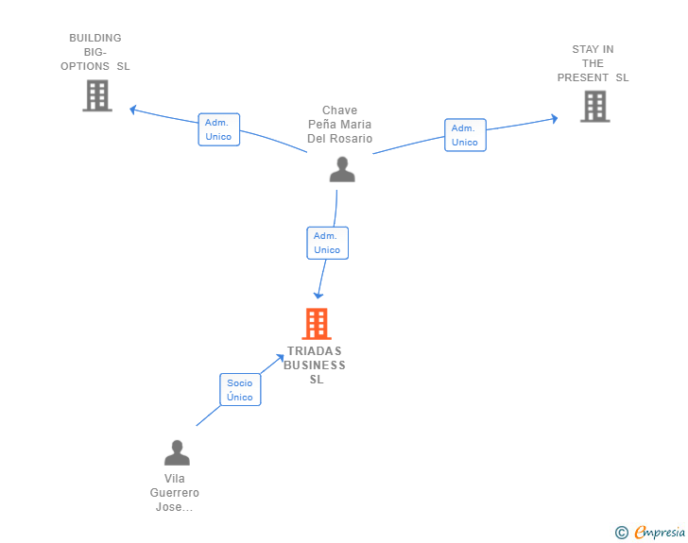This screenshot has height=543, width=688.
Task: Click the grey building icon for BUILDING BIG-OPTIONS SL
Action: point(97,95)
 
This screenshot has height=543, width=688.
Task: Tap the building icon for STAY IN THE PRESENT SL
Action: point(594,107)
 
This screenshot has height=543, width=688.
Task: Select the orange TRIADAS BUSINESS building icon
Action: point(316,324)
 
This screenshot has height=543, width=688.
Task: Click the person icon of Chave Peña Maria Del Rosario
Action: point(341,169)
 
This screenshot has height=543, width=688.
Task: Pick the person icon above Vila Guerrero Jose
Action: point(177,453)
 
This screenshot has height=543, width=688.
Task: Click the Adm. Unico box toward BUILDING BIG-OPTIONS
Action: point(218,129)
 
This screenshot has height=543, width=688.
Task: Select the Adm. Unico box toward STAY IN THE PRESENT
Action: point(464,135)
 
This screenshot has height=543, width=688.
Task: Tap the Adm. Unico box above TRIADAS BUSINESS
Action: point(327,243)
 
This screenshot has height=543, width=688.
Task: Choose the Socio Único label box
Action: point(240,389)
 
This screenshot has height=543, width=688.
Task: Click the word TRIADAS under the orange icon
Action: point(315,351)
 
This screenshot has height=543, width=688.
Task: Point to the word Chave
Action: point(339,110)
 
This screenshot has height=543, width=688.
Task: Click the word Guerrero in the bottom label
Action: point(175,493)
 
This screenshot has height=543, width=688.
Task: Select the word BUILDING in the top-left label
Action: point(95,39)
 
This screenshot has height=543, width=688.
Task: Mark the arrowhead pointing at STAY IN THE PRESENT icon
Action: point(554,119)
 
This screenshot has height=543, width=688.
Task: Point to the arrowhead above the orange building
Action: point(318,295)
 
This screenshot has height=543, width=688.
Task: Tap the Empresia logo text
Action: point(660,532)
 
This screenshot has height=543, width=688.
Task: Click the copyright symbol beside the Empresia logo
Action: point(621,533)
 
